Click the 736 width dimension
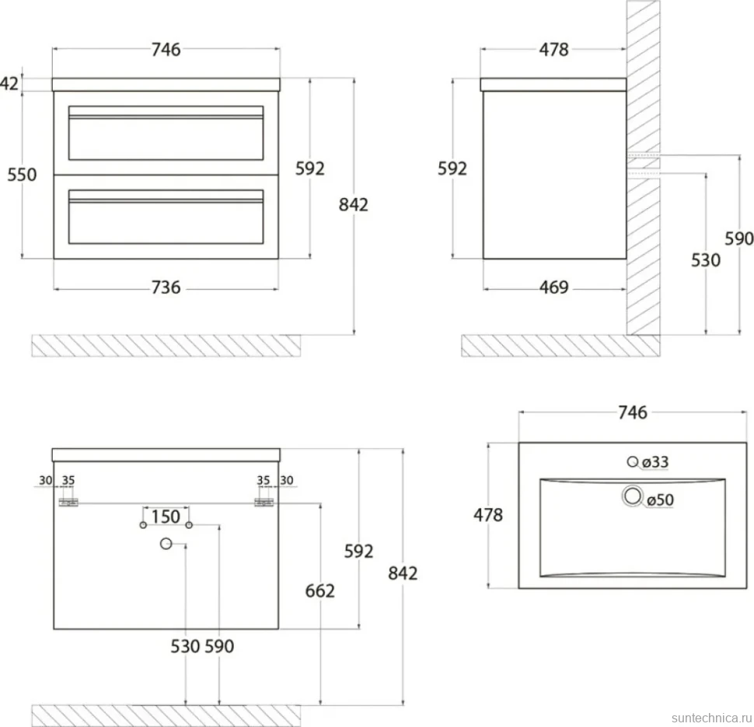click(x=166, y=287)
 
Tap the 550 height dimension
click(x=22, y=175)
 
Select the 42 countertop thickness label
click(x=9, y=84)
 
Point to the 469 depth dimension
click(x=554, y=287)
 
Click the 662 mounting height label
click(x=319, y=591)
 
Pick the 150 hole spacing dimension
click(x=166, y=517)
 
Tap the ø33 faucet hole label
click(x=655, y=462)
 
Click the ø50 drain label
click(x=660, y=500)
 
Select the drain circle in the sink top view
click(x=632, y=496)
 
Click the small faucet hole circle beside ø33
click(x=632, y=462)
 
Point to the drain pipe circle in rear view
click(x=166, y=544)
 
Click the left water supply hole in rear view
click(x=143, y=525)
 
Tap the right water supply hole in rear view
click(x=189, y=525)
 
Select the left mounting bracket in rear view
click(x=68, y=503)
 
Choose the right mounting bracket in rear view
click(x=264, y=503)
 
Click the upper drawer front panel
click(x=166, y=133)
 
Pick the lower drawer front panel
click(x=166, y=217)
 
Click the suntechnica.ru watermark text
click(x=712, y=718)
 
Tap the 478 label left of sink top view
click(x=488, y=515)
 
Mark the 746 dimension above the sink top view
click(x=633, y=412)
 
